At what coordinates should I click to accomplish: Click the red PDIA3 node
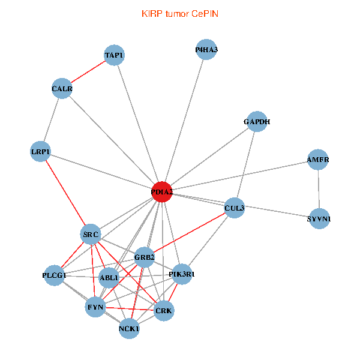(x=162, y=192)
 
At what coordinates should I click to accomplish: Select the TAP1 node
(x=114, y=56)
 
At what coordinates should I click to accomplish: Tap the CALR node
(x=62, y=89)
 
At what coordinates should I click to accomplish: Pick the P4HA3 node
(x=206, y=50)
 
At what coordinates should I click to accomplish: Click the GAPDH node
(x=257, y=122)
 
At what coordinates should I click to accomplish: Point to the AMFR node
(x=318, y=160)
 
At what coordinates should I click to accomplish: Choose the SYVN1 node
(x=319, y=219)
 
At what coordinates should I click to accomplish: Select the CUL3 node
(x=235, y=208)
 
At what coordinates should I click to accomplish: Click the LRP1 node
(x=41, y=152)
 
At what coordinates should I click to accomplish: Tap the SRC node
(x=91, y=234)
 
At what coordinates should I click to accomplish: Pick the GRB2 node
(x=145, y=257)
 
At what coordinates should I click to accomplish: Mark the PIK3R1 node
(x=182, y=274)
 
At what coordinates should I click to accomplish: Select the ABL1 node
(x=109, y=278)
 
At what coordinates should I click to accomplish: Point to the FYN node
(x=95, y=307)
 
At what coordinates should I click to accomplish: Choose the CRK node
(x=164, y=311)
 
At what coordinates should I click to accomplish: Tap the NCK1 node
(x=130, y=329)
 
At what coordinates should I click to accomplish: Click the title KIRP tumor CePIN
(x=180, y=13)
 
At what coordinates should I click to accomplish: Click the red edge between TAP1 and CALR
(x=88, y=72)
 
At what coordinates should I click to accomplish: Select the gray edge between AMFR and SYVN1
(x=318, y=190)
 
